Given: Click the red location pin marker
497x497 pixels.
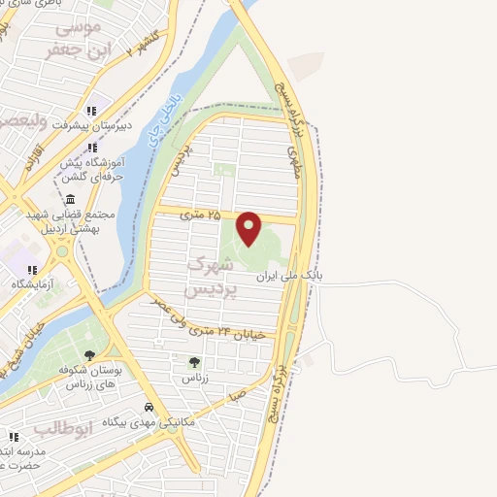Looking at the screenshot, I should (249, 226).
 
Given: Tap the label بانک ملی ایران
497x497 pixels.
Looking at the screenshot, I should (287, 277).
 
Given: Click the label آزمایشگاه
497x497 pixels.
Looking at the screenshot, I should (31, 284).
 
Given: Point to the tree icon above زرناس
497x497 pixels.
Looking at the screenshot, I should (194, 363).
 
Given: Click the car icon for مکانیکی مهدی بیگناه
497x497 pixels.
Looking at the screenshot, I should (149, 407).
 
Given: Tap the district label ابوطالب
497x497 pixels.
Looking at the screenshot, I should (62, 427).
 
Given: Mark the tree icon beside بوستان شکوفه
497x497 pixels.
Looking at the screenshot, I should (90, 355).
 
